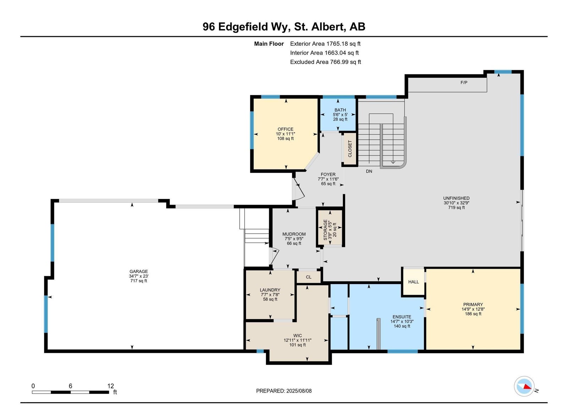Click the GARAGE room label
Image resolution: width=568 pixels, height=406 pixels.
tap(138, 272)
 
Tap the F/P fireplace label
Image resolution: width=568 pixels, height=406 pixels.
tap(464, 83)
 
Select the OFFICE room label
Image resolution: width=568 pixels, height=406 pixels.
tap(285, 129)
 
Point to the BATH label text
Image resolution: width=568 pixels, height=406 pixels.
tap(340, 110)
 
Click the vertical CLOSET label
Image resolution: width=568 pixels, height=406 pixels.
tap(350, 149)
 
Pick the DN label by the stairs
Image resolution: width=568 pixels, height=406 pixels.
tap(369, 172)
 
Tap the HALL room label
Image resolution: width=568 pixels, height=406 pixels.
tap(414, 282)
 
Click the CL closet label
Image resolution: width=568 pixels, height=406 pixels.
tap(308, 277)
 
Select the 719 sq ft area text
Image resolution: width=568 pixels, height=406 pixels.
tap(457, 207)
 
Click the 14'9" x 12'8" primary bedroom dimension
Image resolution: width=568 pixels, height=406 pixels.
tap(473, 309)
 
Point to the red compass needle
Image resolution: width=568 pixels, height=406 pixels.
tap(527, 387)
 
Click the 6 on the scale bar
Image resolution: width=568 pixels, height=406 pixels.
tap(70, 386)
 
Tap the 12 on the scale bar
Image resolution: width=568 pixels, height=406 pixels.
tap(110, 386)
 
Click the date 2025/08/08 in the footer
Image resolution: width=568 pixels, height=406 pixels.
tap(299, 391)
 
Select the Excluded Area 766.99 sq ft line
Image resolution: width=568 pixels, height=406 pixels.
tap(325, 62)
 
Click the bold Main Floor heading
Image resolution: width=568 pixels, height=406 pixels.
tap(269, 44)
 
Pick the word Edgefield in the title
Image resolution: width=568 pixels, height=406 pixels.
tap(243, 27)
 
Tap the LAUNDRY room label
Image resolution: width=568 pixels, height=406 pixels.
tap(270, 290)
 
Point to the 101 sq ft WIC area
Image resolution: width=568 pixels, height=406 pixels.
tap(297, 345)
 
